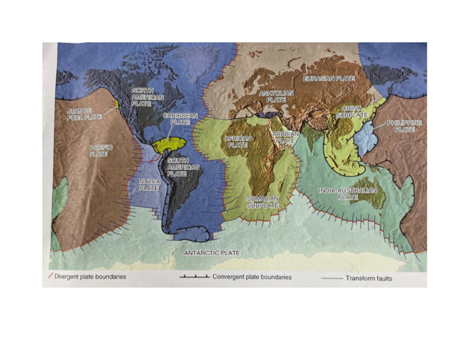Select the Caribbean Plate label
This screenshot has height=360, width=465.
[x=180, y=118]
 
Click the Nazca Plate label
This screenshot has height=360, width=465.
[x=148, y=184]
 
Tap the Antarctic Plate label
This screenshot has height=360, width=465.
[x=212, y=253]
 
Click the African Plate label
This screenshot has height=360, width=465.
[x=238, y=142]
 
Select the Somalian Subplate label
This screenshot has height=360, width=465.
[x=263, y=202]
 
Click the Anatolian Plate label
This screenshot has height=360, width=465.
[x=276, y=96]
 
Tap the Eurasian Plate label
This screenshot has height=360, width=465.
[x=329, y=79]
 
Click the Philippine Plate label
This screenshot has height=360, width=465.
[x=404, y=126]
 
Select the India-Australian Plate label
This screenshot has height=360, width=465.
[x=348, y=193]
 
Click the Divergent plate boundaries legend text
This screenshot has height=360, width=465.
[x=90, y=278]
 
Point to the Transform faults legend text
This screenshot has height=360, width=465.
[x=369, y=279]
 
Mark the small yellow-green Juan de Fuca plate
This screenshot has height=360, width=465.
[x=114, y=104]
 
